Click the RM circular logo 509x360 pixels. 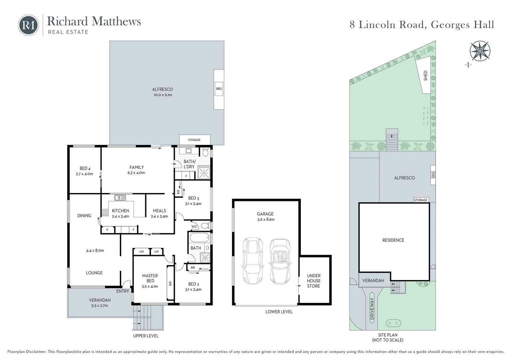tap(28, 25)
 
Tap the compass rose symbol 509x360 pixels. tap(480, 51)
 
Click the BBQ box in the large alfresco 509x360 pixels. tap(219, 89)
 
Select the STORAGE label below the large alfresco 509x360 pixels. tap(194, 140)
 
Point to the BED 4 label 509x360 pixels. tap(85, 168)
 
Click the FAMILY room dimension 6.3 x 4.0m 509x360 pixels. tap(136, 173)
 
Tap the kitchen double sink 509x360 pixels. tap(120, 198)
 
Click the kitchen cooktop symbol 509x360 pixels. tap(105, 212)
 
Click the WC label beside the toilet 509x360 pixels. tap(195, 227)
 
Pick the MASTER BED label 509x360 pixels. tap(150, 278)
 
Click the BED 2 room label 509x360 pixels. tap(194, 284)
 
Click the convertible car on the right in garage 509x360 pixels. tap(280, 261)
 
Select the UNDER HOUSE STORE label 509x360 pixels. tap(313, 281)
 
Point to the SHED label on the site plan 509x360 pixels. tap(425, 75)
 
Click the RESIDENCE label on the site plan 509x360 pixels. tap(393, 240)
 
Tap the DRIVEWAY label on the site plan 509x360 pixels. tap(372, 309)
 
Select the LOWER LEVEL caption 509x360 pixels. tap(279, 312)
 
